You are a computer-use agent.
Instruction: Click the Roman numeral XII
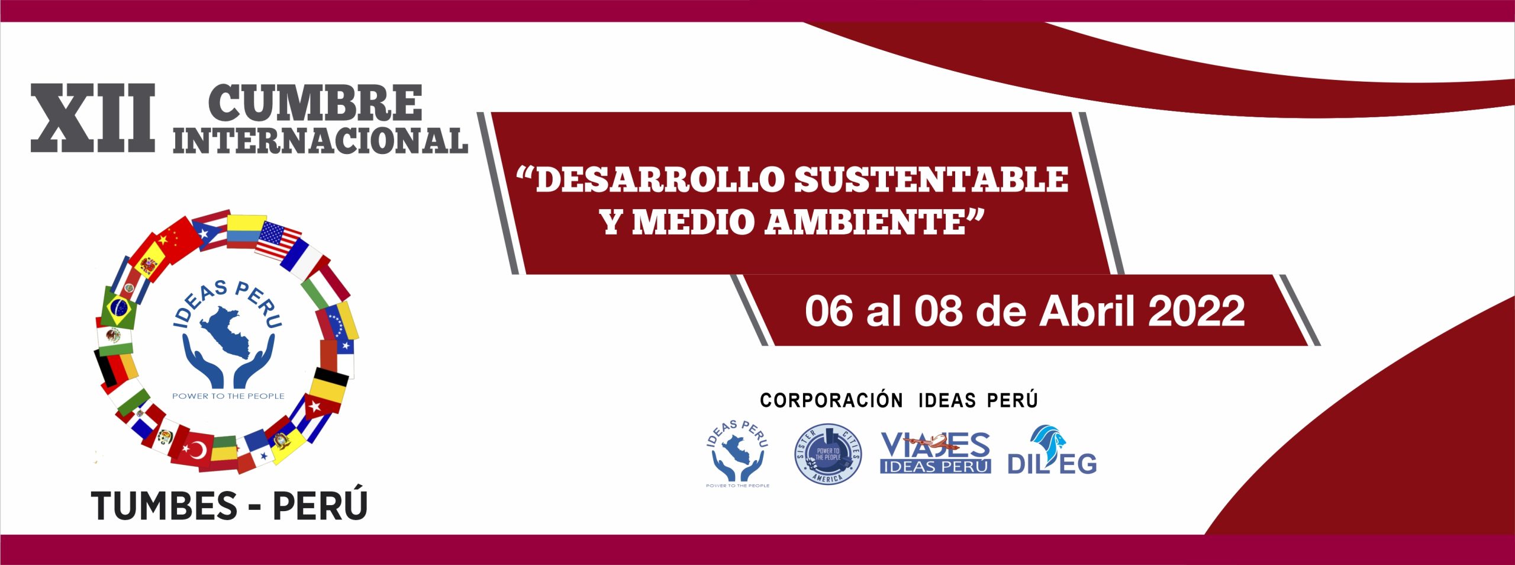pyautogui.click(x=93, y=118)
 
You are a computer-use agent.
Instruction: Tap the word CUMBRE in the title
pyautogui.click(x=315, y=103)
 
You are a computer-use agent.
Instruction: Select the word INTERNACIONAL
pyautogui.click(x=320, y=141)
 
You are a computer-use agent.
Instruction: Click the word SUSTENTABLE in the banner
pyautogui.click(x=931, y=179)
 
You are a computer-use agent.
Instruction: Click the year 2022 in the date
pyautogui.click(x=1197, y=311)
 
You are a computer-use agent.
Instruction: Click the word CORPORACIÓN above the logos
pyautogui.click(x=831, y=400)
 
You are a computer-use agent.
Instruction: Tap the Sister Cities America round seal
pyautogui.click(x=827, y=454)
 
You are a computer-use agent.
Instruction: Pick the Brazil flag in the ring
pyautogui.click(x=118, y=308)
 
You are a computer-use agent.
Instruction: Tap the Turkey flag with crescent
pyautogui.click(x=194, y=451)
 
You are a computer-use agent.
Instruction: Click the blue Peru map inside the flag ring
pyautogui.click(x=227, y=333)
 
